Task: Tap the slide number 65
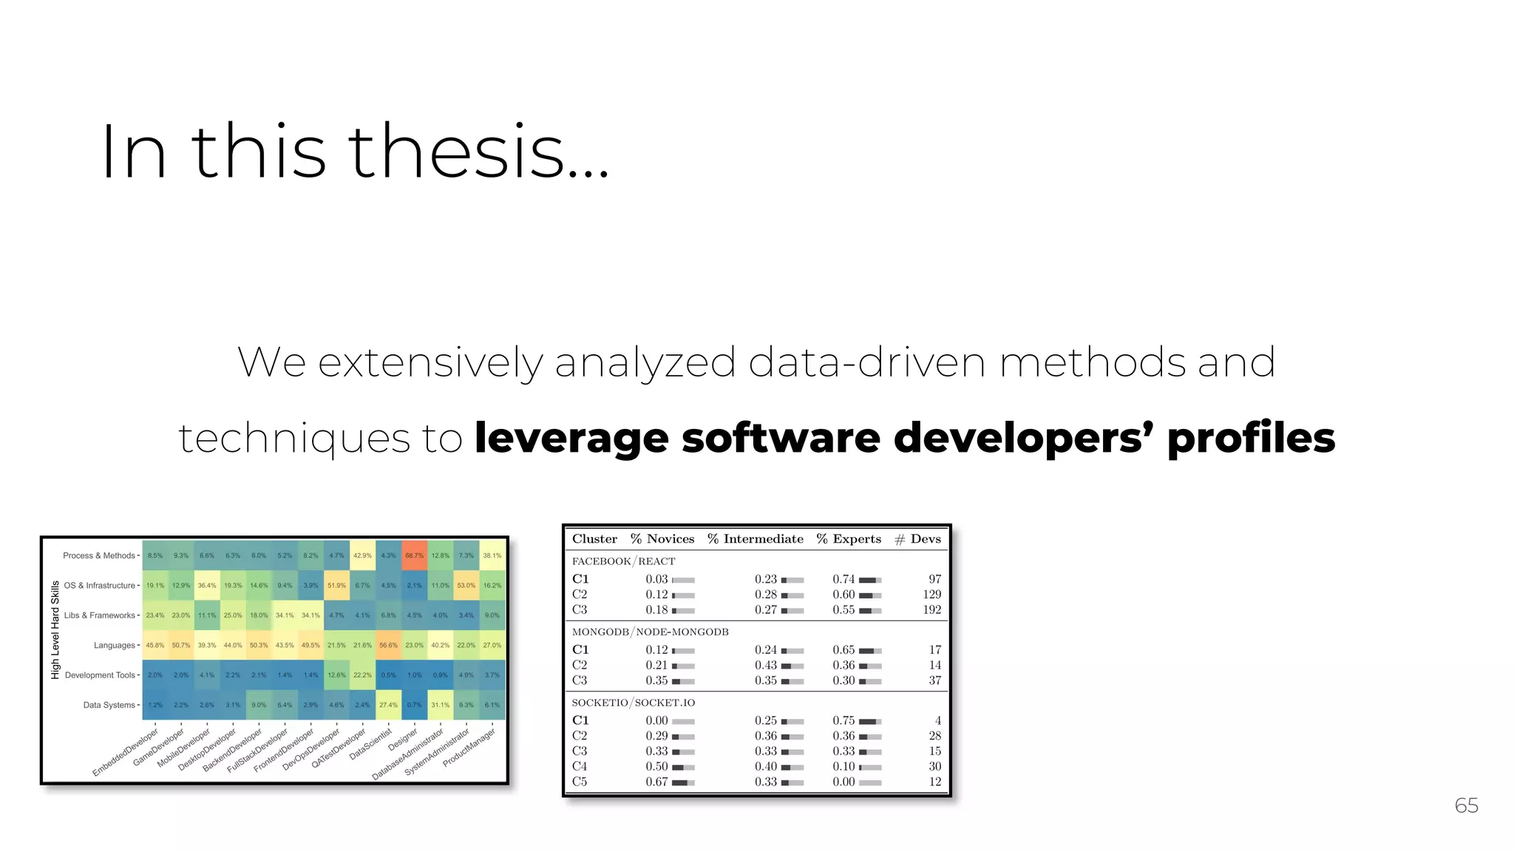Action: pyautogui.click(x=1466, y=805)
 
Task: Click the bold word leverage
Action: pyautogui.click(x=571, y=438)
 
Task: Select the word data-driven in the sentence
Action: pyautogui.click(x=866, y=362)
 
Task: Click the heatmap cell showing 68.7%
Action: pyautogui.click(x=414, y=555)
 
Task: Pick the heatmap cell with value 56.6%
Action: pyautogui.click(x=388, y=645)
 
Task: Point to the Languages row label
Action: pyautogui.click(x=115, y=646)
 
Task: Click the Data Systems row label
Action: pyautogui.click(x=109, y=706)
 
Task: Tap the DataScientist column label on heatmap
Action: pyautogui.click(x=370, y=744)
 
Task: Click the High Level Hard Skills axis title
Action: pyautogui.click(x=55, y=630)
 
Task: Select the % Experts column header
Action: pyautogui.click(x=849, y=539)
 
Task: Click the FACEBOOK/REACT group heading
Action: pyautogui.click(x=623, y=561)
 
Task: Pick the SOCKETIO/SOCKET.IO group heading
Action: pyautogui.click(x=633, y=703)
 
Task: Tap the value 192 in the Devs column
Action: pyautogui.click(x=931, y=610)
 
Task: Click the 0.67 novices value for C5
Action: pyautogui.click(x=656, y=782)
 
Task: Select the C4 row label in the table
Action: pyautogui.click(x=580, y=767)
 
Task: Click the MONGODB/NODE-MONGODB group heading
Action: pyautogui.click(x=650, y=632)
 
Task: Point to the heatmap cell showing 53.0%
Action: pyautogui.click(x=466, y=585)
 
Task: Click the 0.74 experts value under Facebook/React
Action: pyautogui.click(x=843, y=579)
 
